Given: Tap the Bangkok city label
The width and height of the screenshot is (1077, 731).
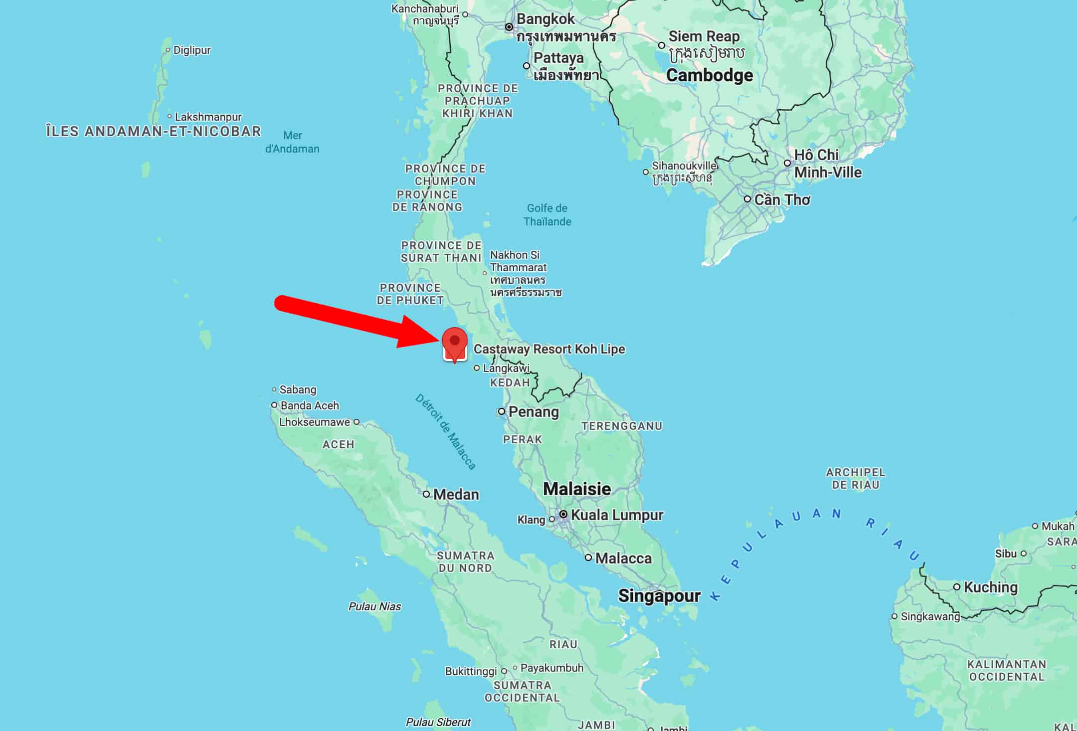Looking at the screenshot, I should click(x=545, y=19).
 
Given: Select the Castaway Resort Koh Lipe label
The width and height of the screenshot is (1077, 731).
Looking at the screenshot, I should click(x=549, y=349).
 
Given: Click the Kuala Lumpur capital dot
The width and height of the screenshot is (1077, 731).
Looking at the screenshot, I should click(x=563, y=514).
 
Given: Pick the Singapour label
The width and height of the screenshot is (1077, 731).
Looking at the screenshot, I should click(x=659, y=595).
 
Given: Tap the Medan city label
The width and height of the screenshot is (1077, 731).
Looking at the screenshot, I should click(x=456, y=494).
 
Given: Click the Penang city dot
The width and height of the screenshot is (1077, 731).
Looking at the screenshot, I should click(x=502, y=411).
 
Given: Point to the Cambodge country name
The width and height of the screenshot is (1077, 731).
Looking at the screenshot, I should click(x=710, y=75).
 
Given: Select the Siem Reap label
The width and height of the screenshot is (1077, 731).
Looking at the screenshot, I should click(x=704, y=36).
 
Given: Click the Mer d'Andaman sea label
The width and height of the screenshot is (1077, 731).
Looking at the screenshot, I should click(x=292, y=142).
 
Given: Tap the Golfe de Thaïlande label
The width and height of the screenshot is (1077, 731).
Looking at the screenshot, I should click(x=547, y=215).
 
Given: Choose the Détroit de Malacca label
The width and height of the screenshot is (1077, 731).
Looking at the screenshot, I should click(x=445, y=432).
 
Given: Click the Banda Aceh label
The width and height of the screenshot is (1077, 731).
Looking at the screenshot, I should click(x=309, y=405).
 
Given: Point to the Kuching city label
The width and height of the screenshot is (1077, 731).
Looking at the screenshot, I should click(x=990, y=587).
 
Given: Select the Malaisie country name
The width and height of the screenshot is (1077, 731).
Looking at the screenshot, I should click(x=576, y=489).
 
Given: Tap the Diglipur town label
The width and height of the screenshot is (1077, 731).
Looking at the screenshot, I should click(x=192, y=50).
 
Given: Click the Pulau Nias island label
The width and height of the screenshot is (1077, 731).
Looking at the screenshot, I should click(x=374, y=606).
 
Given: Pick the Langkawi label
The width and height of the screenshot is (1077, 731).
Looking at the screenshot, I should click(x=506, y=368).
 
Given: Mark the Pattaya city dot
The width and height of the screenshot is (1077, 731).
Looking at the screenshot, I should click(x=527, y=66).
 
